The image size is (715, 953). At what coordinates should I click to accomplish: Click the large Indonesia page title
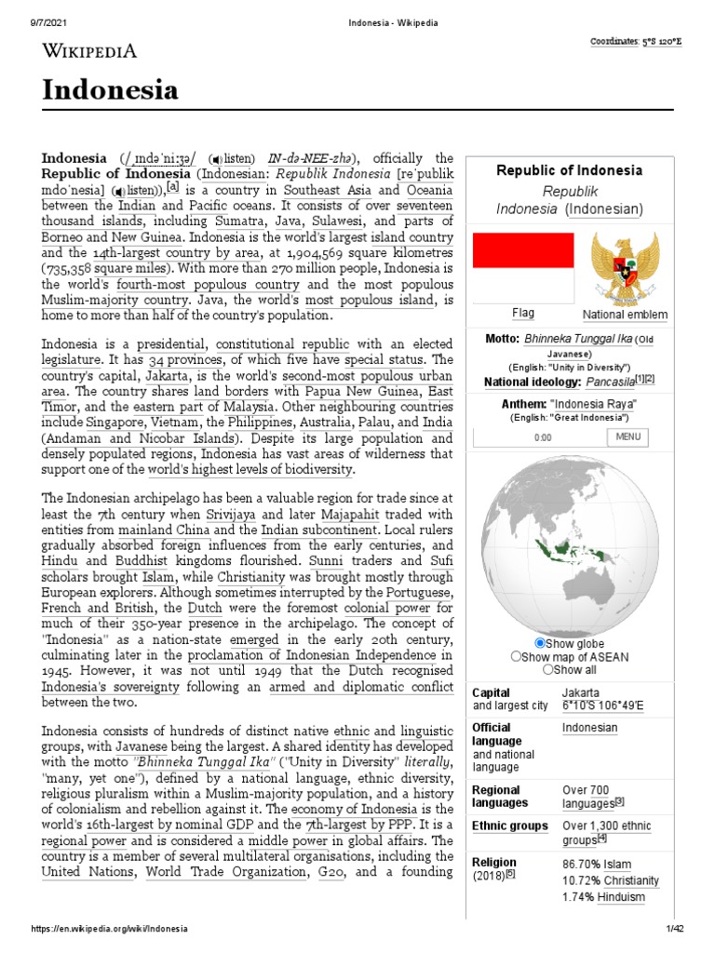click(x=110, y=90)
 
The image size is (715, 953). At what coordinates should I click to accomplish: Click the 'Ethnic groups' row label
click(x=509, y=825)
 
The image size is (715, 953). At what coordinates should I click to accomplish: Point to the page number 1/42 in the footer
click(x=675, y=929)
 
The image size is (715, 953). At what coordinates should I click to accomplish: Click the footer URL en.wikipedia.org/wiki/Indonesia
click(x=110, y=929)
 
